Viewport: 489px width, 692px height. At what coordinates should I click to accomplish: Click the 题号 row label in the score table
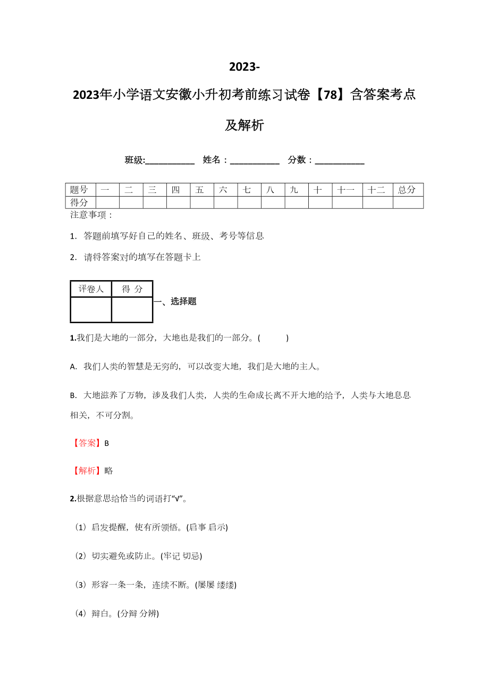(80, 190)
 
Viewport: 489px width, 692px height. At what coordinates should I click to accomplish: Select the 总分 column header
(408, 190)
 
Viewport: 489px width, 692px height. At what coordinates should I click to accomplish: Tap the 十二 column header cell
(377, 190)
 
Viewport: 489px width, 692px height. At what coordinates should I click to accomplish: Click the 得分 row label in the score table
(80, 202)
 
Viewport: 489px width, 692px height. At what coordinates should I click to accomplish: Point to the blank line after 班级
(170, 161)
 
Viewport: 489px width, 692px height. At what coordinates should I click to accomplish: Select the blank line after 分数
(340, 161)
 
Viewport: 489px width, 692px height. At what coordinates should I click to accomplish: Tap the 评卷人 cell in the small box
(91, 289)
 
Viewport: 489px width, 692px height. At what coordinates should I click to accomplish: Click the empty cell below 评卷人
(91, 310)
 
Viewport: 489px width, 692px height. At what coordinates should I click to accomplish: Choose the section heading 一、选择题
(175, 301)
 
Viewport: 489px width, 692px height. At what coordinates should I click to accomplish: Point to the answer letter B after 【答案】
(107, 443)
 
